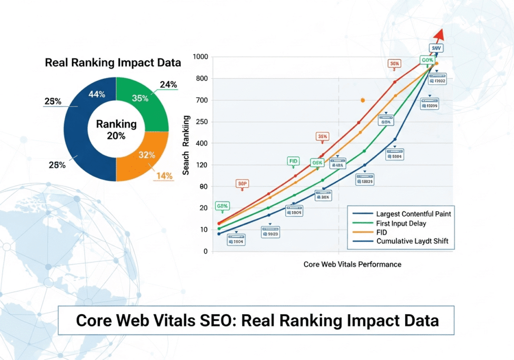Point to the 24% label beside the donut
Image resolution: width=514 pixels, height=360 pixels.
(x=168, y=85)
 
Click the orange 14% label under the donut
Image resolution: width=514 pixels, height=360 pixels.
(x=164, y=175)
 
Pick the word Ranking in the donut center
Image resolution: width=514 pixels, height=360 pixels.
(x=116, y=124)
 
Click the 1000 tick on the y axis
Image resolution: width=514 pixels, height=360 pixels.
(x=201, y=57)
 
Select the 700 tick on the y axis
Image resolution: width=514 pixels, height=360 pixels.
(x=202, y=100)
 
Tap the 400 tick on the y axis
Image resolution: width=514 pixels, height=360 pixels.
(x=202, y=143)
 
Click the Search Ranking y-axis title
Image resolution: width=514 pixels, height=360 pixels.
(x=187, y=145)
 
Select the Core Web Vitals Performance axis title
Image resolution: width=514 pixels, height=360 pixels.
(x=352, y=264)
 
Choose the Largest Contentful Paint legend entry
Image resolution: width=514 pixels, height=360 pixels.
(x=413, y=214)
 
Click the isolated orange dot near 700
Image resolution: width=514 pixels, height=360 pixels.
(x=363, y=100)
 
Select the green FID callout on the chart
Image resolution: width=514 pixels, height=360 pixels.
(x=293, y=162)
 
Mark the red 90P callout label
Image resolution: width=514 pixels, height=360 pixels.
(x=242, y=184)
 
